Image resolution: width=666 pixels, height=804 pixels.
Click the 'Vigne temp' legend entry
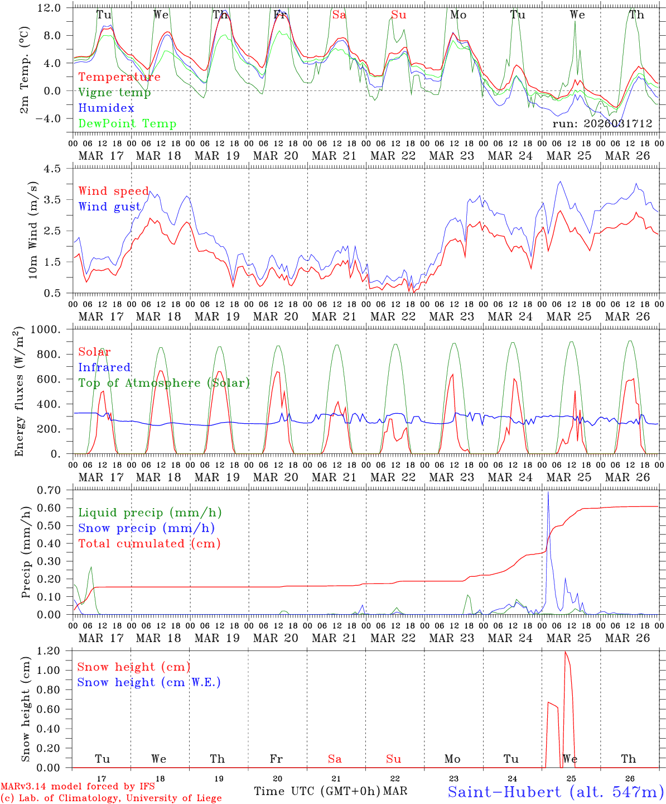coord(114,93)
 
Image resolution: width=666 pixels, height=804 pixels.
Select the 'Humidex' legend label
coord(106,108)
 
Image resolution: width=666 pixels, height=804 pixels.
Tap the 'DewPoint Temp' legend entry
coord(127,124)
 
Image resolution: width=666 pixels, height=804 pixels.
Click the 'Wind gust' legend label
coord(109,207)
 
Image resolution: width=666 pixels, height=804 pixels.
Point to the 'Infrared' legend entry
coord(104,367)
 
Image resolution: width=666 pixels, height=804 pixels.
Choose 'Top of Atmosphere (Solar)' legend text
coord(164,383)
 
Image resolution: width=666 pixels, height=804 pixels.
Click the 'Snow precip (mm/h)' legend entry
coord(146,528)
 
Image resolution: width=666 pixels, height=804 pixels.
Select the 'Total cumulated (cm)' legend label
coord(149,544)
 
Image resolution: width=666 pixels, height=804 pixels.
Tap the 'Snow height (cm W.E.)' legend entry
coord(149,682)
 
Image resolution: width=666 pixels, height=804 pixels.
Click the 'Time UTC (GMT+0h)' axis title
coord(317,791)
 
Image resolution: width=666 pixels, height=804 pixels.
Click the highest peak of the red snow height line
coord(566,652)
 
